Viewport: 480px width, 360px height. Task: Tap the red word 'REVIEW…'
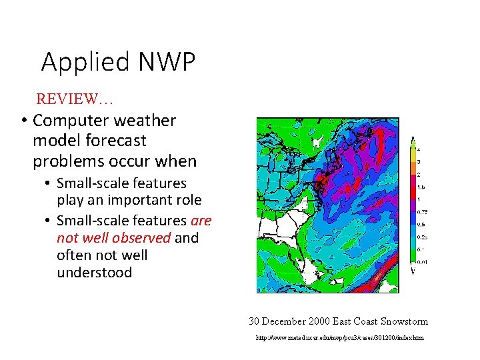(75, 99)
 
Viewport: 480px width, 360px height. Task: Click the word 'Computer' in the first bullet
(71, 121)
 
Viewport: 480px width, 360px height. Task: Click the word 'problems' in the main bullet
(66, 161)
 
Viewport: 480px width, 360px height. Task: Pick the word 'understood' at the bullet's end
(94, 273)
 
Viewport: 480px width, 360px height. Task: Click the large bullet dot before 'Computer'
(23, 121)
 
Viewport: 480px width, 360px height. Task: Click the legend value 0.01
(422, 262)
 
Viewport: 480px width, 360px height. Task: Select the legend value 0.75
(422, 212)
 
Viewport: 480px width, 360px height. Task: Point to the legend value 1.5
(421, 187)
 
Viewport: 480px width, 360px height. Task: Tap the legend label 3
(419, 161)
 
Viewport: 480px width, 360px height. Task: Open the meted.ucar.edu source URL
(339, 338)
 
